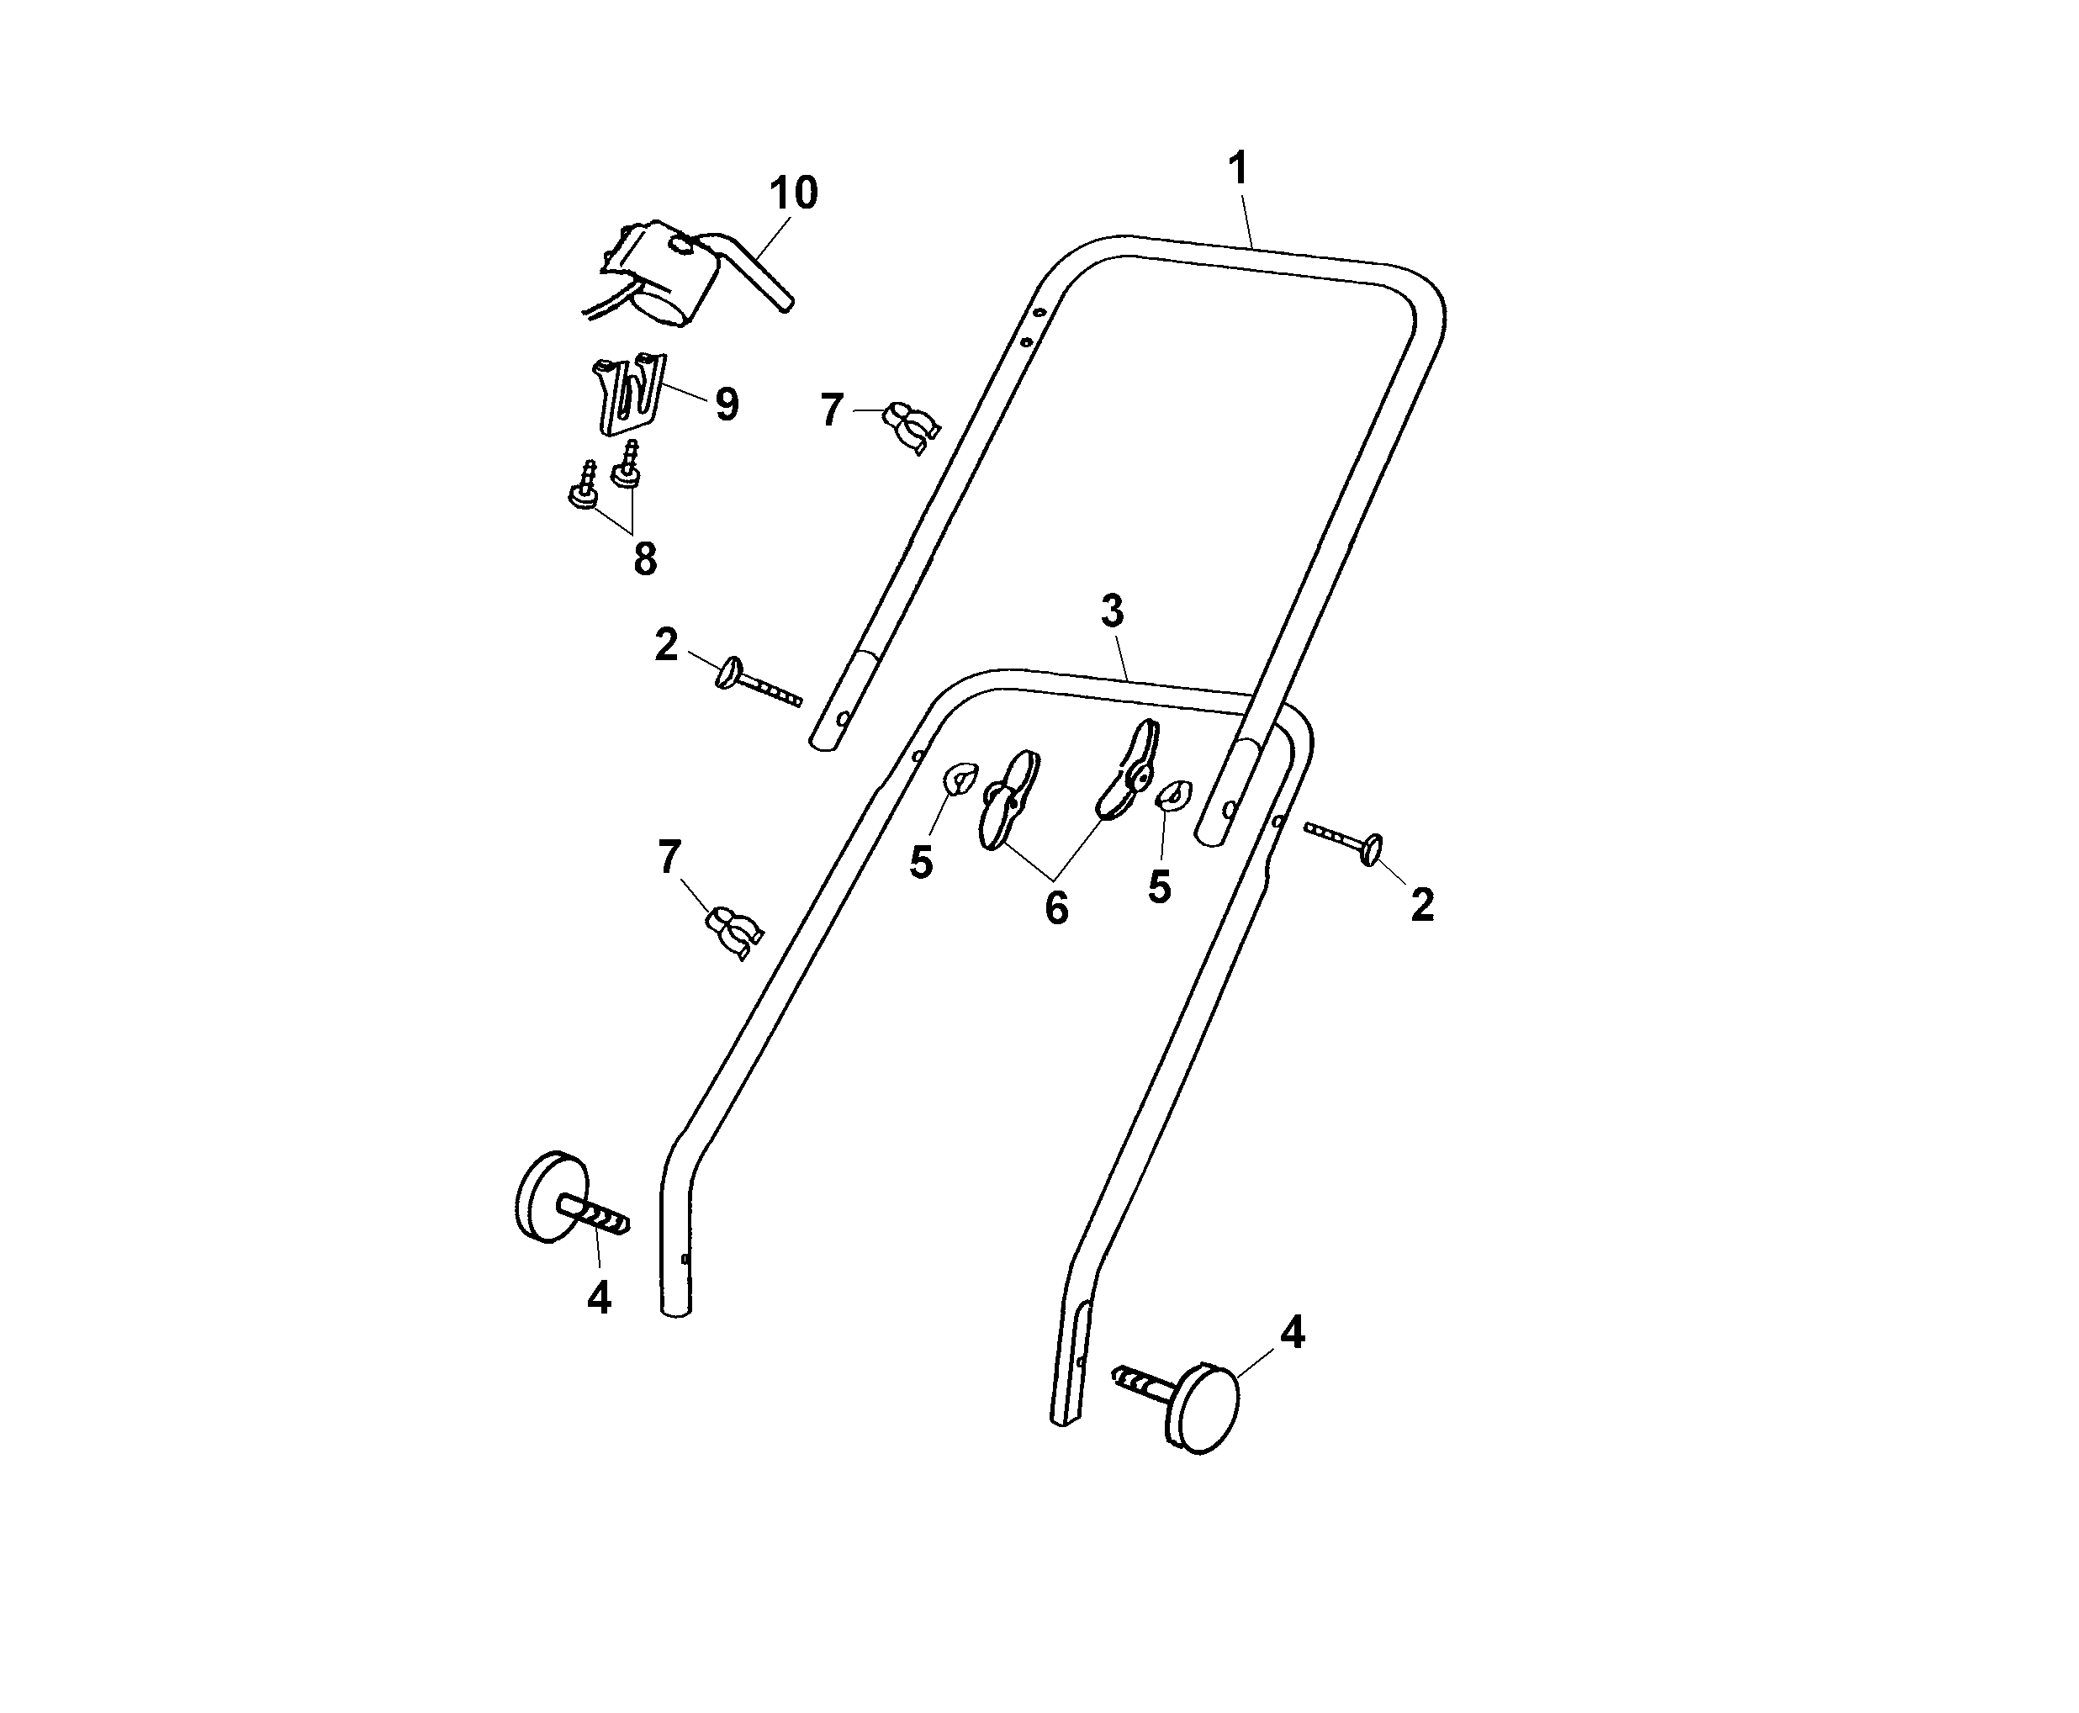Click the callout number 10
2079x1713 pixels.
pos(792,193)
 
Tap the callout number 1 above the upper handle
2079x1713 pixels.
pos(1238,169)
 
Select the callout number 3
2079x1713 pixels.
pos(1112,612)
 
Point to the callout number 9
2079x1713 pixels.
pos(726,404)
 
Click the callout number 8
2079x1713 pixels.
pos(644,559)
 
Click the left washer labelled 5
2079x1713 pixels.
pos(958,780)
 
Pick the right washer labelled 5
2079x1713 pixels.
pos(1174,795)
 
